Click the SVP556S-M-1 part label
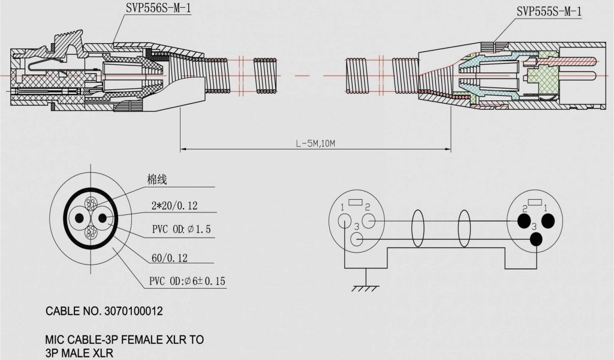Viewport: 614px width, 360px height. point(158,8)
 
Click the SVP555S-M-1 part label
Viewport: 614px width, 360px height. point(549,11)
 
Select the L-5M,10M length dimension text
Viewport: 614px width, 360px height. point(315,143)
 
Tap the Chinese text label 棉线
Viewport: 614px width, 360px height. point(157,179)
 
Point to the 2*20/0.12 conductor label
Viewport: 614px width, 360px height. point(174,205)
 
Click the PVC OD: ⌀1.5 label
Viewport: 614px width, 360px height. point(181,229)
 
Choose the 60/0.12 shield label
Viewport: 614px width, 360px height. point(170,258)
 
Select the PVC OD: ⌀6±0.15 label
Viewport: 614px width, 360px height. point(187,281)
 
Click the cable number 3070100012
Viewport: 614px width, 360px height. point(134,311)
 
